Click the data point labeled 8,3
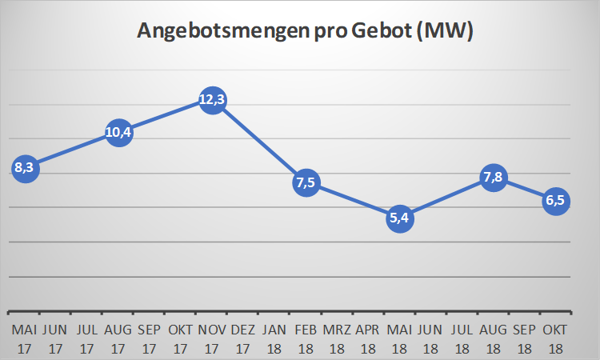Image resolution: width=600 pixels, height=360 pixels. point(25,168)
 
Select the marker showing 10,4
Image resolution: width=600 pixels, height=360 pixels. point(118,132)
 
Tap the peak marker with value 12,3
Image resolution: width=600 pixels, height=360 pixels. point(211,100)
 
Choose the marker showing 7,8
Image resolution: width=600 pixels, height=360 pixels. point(494,178)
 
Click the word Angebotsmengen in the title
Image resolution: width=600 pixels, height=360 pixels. point(215,32)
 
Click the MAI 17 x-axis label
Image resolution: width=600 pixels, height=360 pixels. point(25,339)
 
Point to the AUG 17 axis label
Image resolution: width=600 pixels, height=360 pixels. point(118,339)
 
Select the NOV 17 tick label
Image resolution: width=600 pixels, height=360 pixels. point(211,339)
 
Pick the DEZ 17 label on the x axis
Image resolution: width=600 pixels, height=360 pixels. point(242,339)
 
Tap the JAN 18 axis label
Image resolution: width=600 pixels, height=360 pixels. point(274,339)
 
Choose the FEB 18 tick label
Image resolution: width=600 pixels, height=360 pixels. point(306,339)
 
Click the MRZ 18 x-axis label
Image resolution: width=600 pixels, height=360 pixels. point(337,339)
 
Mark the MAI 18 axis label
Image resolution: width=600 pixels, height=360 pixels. point(400,339)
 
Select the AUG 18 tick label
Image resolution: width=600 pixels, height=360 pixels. point(494,339)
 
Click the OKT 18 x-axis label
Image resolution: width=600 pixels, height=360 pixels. point(556,339)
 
